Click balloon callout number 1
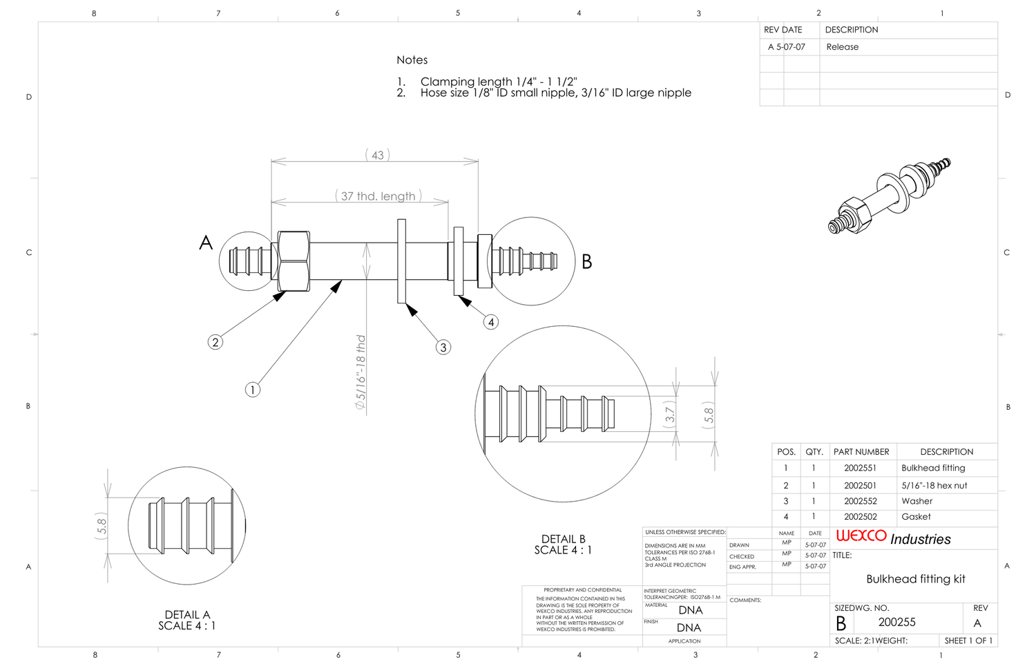point(253,390)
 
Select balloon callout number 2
point(215,342)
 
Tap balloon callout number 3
point(443,347)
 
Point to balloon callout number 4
point(490,322)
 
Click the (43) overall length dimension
point(377,155)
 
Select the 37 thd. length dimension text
point(378,196)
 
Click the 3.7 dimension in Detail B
point(669,414)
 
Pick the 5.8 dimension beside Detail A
point(102,526)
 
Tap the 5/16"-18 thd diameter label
point(361,372)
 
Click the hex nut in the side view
point(294,261)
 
